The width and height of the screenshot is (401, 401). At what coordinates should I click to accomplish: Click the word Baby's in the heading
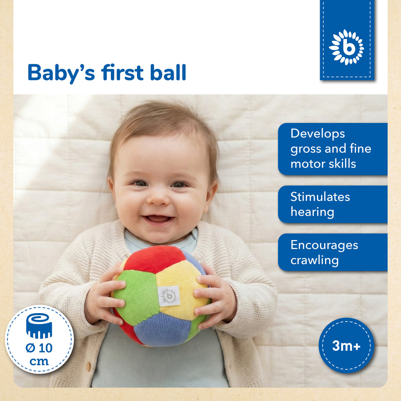[61, 73]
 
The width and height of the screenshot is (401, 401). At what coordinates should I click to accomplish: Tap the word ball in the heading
[168, 73]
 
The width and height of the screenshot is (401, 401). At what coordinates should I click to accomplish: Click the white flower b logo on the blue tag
[347, 47]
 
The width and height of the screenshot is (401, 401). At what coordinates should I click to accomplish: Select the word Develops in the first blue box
[317, 134]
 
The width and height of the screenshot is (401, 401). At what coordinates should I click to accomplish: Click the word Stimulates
[320, 196]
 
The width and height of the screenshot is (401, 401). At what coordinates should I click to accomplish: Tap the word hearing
[312, 212]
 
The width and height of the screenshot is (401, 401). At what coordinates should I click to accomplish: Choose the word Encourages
[324, 245]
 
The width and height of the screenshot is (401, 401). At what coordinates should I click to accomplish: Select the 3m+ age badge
[346, 346]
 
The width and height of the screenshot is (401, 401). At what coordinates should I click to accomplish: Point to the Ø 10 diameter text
[39, 348]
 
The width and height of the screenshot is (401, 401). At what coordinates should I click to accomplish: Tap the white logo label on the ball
[169, 296]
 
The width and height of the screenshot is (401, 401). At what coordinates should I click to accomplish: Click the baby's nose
[158, 198]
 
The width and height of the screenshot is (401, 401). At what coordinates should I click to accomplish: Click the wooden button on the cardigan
[88, 367]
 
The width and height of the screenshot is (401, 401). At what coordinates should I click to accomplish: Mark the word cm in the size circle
[39, 362]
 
